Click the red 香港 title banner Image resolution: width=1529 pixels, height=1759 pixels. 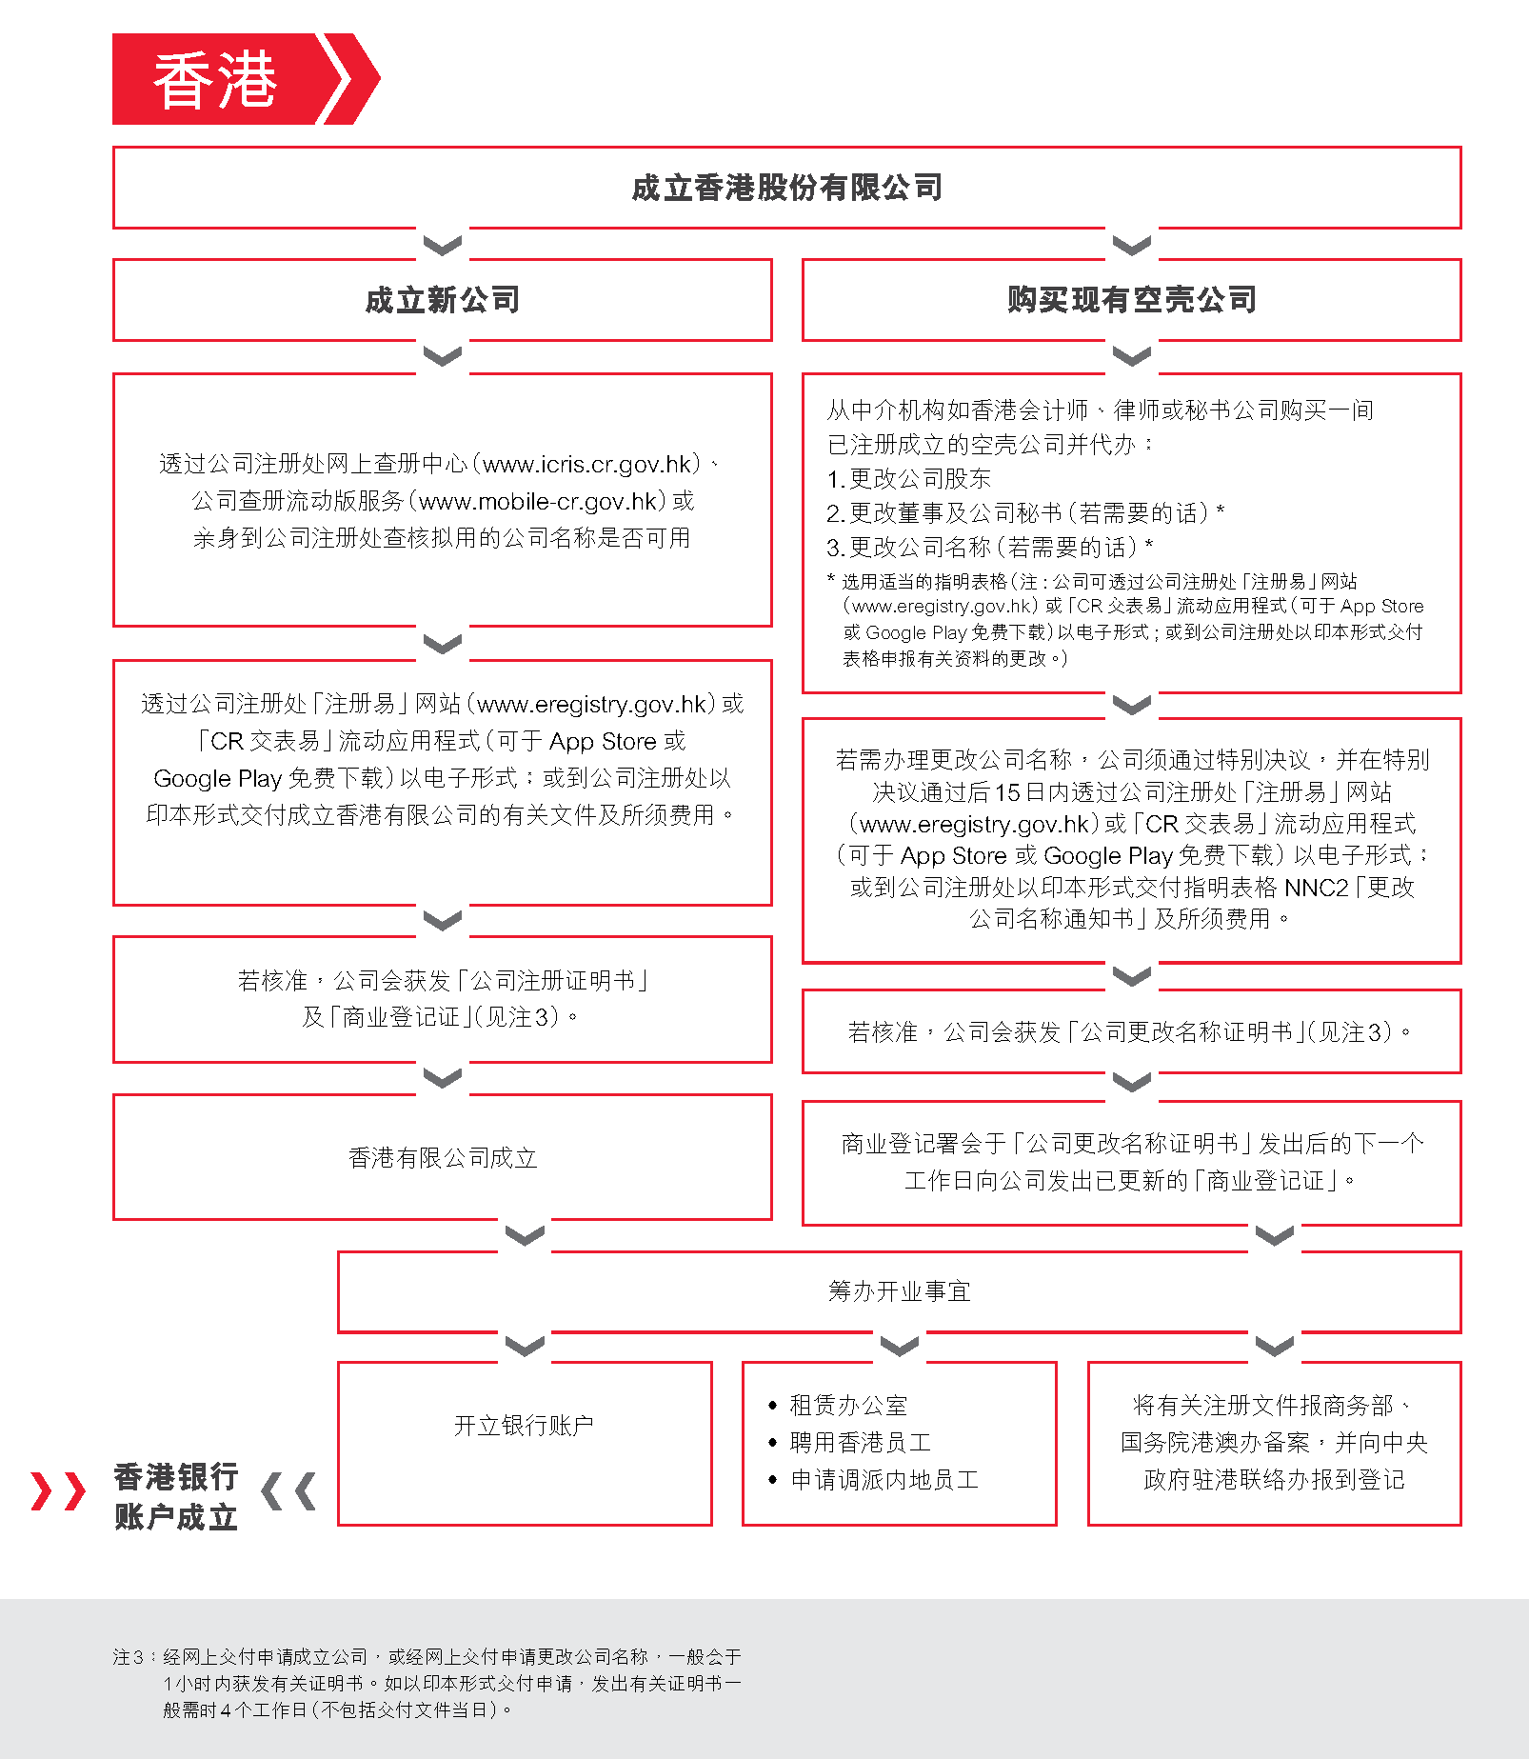coord(228,79)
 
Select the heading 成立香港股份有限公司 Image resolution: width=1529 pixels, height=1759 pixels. coord(786,188)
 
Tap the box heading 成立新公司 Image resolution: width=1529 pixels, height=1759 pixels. coord(443,300)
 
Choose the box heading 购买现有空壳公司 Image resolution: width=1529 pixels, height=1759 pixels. coord(1132,300)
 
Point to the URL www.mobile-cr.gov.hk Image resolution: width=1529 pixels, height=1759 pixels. coord(538,501)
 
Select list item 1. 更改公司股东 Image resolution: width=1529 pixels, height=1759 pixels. coord(909,478)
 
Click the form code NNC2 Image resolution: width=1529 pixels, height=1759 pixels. coord(1317,888)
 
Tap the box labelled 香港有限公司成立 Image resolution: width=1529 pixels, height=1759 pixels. coord(443,1157)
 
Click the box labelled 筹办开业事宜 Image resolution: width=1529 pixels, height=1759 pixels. coord(899,1291)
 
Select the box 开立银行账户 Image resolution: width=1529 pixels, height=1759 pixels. coord(524,1425)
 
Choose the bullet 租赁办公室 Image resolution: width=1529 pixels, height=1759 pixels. coord(848,1405)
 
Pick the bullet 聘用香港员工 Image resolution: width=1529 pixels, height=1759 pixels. coord(860,1442)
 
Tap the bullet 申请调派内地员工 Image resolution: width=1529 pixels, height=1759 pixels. coord(884,1479)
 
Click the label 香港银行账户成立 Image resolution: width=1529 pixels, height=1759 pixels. coord(176,1496)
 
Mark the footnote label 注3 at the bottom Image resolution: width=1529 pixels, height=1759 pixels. coord(128,1657)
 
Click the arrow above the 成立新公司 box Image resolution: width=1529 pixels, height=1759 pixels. coord(443,245)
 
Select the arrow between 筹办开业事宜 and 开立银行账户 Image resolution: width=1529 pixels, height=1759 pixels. coord(525,1346)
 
